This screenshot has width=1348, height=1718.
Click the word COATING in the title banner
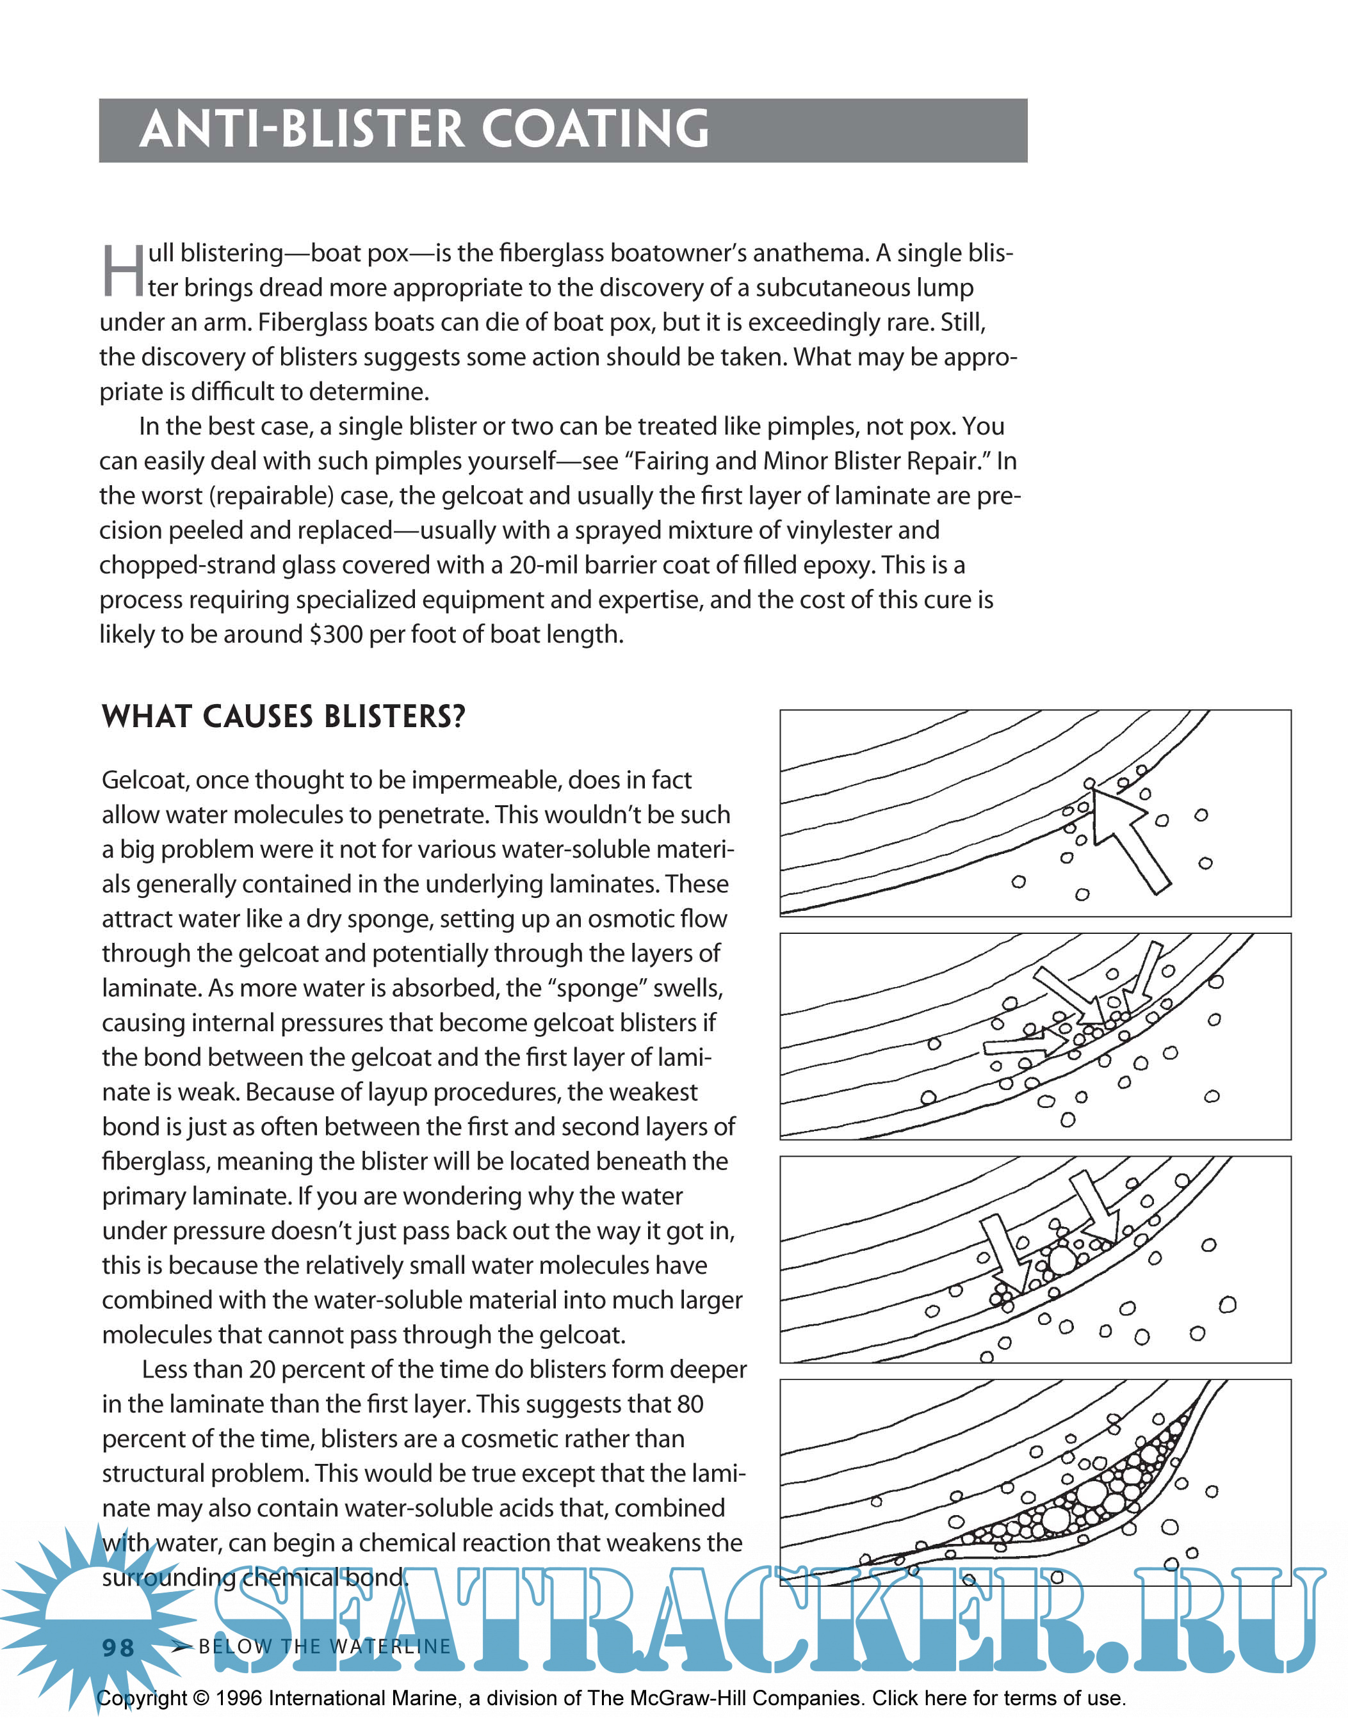(595, 129)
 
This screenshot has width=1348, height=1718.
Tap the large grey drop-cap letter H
(123, 271)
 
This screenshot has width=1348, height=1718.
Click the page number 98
(118, 1647)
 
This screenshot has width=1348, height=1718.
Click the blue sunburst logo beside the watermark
(95, 1609)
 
